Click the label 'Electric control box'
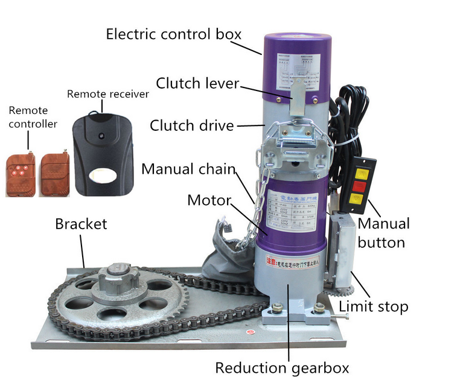(x=173, y=33)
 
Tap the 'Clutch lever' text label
(x=197, y=83)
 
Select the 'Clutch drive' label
(x=191, y=125)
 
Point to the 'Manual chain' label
(x=188, y=169)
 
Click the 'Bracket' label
(x=81, y=224)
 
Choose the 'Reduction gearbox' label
(x=282, y=367)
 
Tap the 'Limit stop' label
(x=373, y=306)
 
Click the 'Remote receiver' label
(x=107, y=94)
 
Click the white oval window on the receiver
(x=101, y=175)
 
